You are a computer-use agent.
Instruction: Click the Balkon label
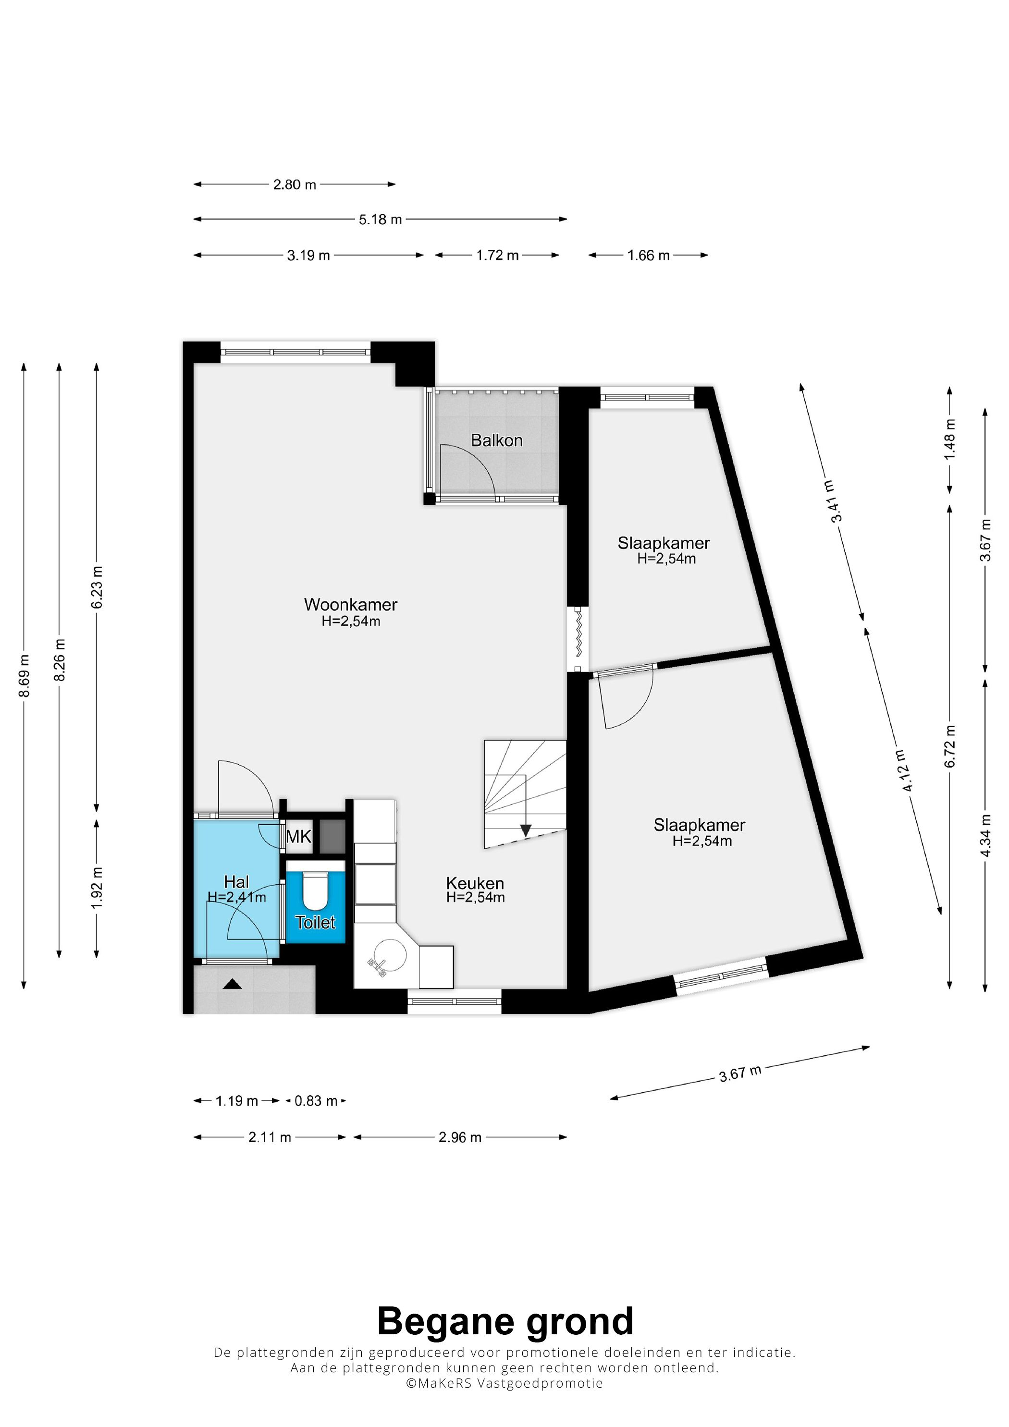[x=496, y=440]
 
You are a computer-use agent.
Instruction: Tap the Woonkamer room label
[x=351, y=604]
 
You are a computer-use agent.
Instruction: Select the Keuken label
[x=475, y=883]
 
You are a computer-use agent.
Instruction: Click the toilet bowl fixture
[x=315, y=890]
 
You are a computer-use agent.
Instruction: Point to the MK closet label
[x=298, y=837]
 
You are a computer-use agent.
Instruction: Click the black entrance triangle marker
[x=233, y=984]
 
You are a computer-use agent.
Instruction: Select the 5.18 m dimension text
[x=381, y=220]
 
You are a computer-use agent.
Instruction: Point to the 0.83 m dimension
[x=316, y=1101]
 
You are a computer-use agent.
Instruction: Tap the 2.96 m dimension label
[x=460, y=1137]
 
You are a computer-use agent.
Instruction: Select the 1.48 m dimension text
[x=949, y=440]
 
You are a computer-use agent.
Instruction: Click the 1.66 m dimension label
[x=649, y=256]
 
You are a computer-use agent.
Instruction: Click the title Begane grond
[x=505, y=1321]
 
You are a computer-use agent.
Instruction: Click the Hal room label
[x=236, y=882]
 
